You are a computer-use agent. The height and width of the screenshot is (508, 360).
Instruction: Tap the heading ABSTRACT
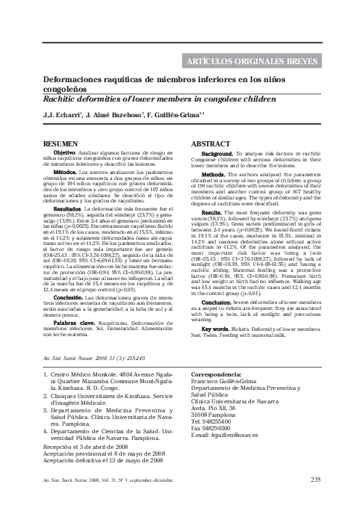211,141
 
